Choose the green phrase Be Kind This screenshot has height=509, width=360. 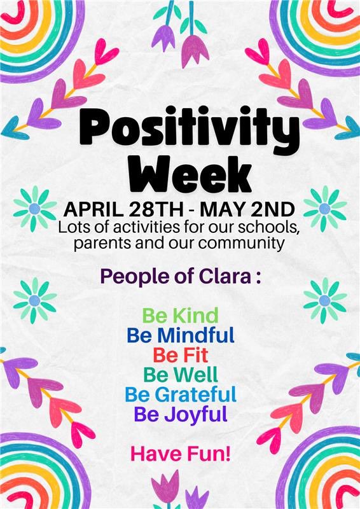180,315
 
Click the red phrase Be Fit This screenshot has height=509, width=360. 180,354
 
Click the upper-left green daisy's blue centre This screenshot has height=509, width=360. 34,209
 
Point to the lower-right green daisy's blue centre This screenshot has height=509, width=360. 324,300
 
